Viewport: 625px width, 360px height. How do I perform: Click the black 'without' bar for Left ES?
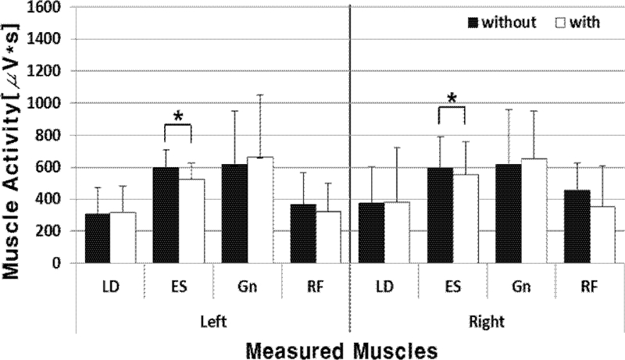(166, 215)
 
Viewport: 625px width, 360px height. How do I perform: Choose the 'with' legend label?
(587, 22)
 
